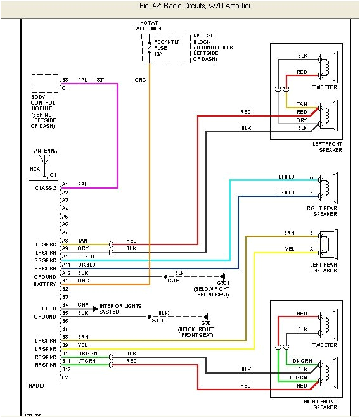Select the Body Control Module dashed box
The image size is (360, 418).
[45, 84]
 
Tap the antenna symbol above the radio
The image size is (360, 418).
[45, 161]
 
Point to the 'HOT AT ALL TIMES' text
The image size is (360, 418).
[149, 25]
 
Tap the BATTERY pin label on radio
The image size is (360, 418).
[44, 285]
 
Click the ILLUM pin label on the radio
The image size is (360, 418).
[48, 306]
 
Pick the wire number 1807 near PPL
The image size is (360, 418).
[100, 80]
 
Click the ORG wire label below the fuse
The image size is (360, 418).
[140, 80]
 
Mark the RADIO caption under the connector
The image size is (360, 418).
[37, 384]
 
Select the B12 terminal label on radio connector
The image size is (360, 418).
[66, 369]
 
